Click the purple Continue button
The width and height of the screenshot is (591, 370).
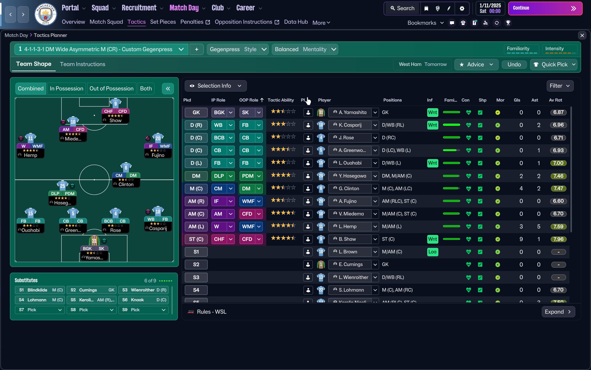[x=545, y=8]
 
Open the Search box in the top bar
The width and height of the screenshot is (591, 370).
[x=402, y=8]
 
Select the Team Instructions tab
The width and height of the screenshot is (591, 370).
[x=82, y=64]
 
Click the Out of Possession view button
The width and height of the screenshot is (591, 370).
[x=111, y=88]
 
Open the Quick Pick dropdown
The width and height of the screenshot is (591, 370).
[x=554, y=64]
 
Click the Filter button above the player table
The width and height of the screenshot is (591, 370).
[x=560, y=86]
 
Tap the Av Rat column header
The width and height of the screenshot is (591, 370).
[x=555, y=100]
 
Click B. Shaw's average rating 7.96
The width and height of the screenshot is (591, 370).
[x=558, y=239]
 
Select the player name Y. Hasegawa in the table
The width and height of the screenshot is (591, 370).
[x=352, y=176]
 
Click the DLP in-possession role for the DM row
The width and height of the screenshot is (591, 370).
[x=219, y=176]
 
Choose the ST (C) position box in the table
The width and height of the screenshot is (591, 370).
[x=196, y=239]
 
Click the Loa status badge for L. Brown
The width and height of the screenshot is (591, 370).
[x=432, y=252]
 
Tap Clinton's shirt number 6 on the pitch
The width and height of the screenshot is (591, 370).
[x=126, y=167]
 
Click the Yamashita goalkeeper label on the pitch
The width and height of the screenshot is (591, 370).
[x=94, y=257]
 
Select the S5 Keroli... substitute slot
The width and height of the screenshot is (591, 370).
[x=92, y=300]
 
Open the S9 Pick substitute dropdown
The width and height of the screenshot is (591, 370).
[x=143, y=310]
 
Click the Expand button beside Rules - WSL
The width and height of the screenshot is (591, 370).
[x=558, y=312]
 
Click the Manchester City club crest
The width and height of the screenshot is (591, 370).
[x=46, y=14]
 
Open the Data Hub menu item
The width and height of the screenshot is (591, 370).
[x=296, y=22]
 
